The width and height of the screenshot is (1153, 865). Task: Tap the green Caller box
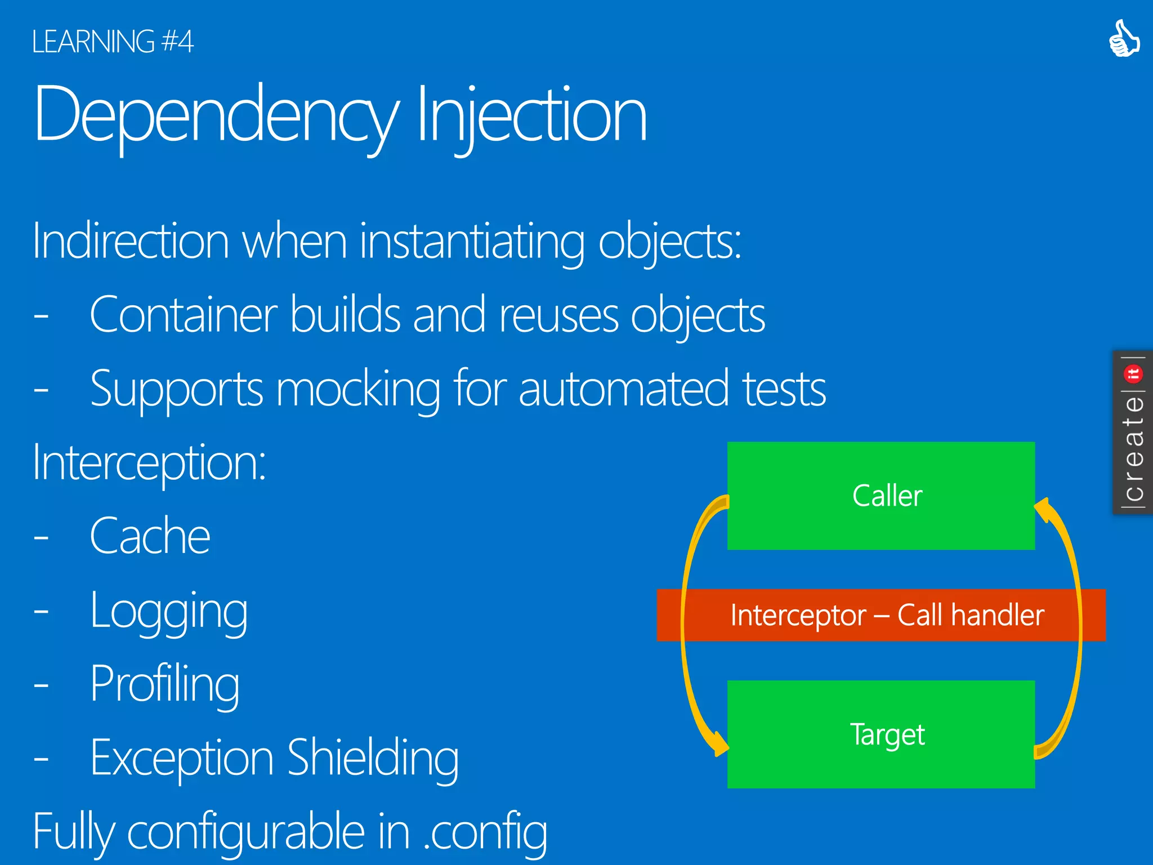tap(881, 496)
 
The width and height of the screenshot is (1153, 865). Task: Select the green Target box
tap(881, 734)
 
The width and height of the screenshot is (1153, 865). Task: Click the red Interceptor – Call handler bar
tap(881, 615)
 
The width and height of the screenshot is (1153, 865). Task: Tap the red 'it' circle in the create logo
tap(1133, 373)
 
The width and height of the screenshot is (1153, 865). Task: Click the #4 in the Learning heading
tap(177, 42)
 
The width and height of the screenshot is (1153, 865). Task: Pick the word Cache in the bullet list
tap(150, 536)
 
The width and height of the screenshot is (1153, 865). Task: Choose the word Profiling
tap(164, 685)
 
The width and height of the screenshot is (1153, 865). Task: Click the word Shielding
tap(373, 758)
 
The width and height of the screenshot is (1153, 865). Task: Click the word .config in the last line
tap(485, 832)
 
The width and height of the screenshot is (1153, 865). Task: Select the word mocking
tap(358, 389)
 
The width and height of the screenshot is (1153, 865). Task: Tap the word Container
tap(183, 315)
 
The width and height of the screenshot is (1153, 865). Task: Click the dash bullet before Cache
tap(41, 538)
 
